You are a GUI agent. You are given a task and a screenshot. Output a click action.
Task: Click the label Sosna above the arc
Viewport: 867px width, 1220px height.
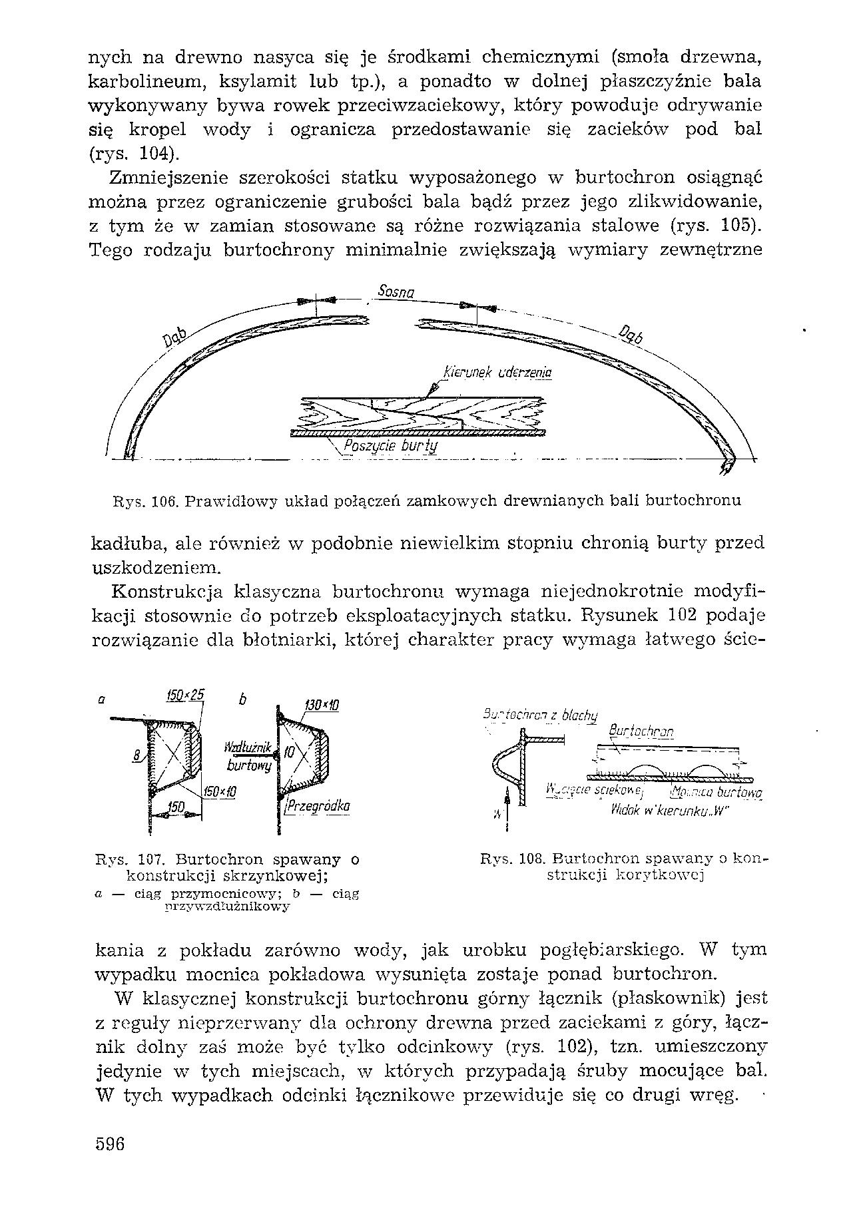[x=396, y=292]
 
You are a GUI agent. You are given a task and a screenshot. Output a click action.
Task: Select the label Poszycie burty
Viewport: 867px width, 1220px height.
[x=390, y=445]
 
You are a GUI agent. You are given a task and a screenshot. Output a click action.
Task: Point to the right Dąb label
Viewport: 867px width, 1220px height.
[x=631, y=335]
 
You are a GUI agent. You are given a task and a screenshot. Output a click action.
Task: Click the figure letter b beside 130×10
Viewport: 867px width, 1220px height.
[x=243, y=700]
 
